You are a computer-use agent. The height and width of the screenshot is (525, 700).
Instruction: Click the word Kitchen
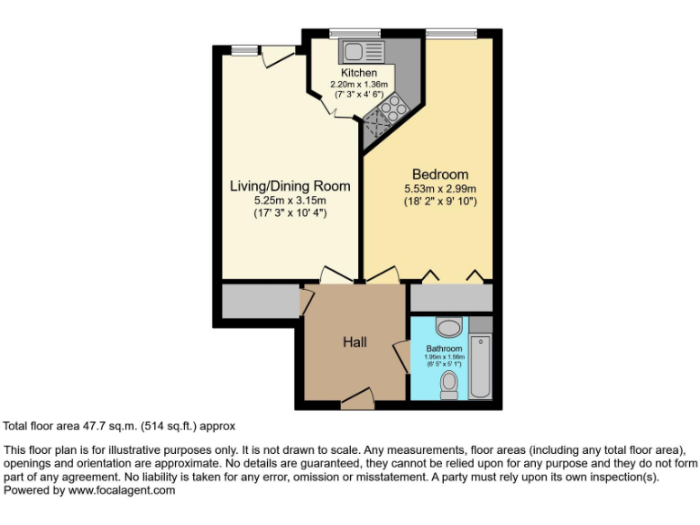point(359,73)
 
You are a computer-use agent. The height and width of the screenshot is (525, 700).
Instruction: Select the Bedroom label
point(440,175)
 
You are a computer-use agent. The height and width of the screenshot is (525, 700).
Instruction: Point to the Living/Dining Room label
point(290,186)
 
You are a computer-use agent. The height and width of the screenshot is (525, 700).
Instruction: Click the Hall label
point(355,342)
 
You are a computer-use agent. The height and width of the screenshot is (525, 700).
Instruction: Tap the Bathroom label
point(445,349)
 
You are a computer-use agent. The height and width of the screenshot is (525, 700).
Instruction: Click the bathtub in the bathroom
point(480,365)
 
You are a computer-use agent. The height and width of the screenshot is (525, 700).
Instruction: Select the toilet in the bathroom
point(448,384)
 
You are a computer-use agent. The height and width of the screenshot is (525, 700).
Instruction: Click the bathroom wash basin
point(448,327)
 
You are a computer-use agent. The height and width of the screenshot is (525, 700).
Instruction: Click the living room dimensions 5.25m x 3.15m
point(290,200)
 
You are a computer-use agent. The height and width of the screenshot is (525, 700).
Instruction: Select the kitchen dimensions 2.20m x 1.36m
point(359,84)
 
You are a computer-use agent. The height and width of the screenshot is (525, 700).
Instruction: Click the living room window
point(242,50)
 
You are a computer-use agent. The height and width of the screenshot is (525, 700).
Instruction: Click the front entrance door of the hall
point(357,397)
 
